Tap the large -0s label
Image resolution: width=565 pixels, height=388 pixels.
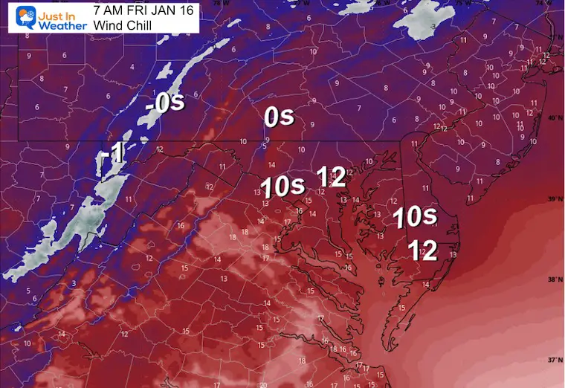coord(165,103)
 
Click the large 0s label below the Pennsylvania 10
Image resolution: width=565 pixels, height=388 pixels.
coord(280,117)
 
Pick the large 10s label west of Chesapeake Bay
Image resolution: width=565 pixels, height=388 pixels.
coord(282,186)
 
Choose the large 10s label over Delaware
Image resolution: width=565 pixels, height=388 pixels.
coord(415,217)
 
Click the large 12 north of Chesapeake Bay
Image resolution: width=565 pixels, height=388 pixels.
coord(331,176)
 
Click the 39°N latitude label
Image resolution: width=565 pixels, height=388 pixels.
coord(552,199)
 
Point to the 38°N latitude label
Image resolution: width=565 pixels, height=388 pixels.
coord(552,279)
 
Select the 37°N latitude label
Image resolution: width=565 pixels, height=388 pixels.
coord(552,360)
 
